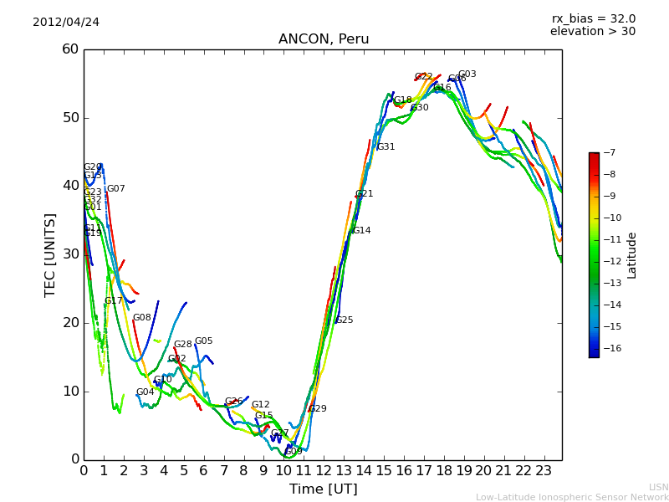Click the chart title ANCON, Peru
pyautogui.click(x=323, y=39)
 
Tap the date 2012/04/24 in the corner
pyautogui.click(x=66, y=22)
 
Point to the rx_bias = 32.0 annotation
pyautogui.click(x=593, y=18)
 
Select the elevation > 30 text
pyautogui.click(x=592, y=32)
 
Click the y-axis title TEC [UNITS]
pyautogui.click(x=50, y=254)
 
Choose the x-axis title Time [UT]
pyautogui.click(x=323, y=489)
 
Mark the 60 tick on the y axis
pyautogui.click(x=70, y=49)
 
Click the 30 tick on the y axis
pyautogui.click(x=70, y=254)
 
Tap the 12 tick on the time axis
pyautogui.click(x=324, y=470)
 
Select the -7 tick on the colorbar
pyautogui.click(x=609, y=152)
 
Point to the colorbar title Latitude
pyautogui.click(x=632, y=254)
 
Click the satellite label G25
pyautogui.click(x=344, y=320)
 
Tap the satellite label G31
pyautogui.click(x=386, y=147)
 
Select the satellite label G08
pyautogui.click(x=142, y=318)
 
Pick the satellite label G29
pyautogui.click(x=318, y=409)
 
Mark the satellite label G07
pyautogui.click(x=115, y=189)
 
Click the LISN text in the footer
pyautogui.click(x=658, y=487)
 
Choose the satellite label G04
pyautogui.click(x=146, y=392)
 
